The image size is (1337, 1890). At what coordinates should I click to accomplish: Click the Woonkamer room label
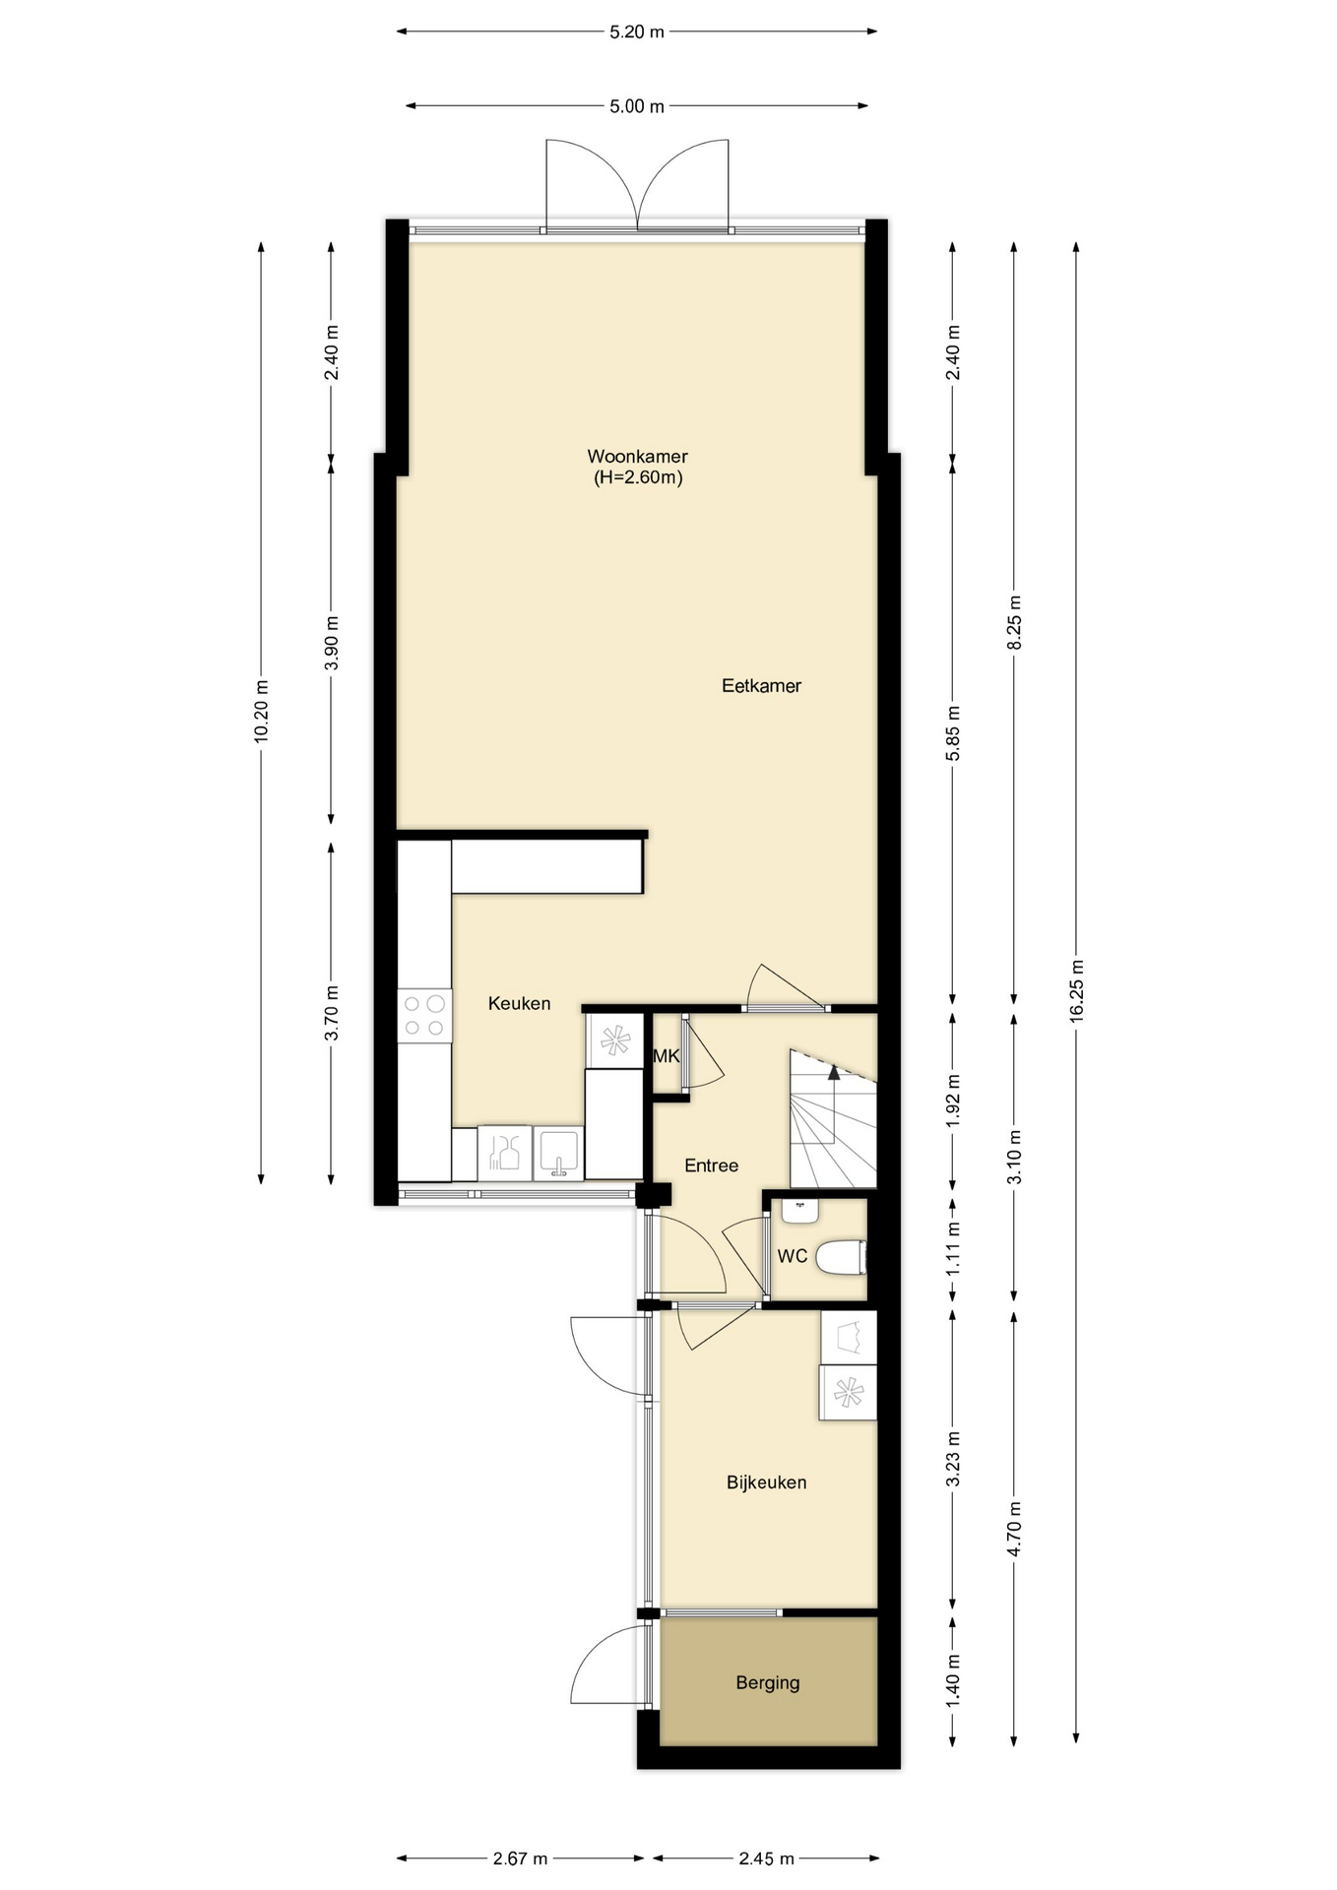[637, 457]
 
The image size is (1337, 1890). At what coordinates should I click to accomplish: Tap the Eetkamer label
[761, 686]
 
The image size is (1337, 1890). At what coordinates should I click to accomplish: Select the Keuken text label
[519, 1004]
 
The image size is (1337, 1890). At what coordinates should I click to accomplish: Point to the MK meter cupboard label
[667, 1056]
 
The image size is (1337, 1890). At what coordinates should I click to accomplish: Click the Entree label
[711, 1165]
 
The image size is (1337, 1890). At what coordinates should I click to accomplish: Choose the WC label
[793, 1256]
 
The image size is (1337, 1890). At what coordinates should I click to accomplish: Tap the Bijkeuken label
[766, 1482]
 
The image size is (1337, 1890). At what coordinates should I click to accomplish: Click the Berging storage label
[767, 1683]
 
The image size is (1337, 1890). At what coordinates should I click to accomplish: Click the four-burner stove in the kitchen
[424, 1016]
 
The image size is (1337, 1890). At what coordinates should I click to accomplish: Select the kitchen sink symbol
[558, 1154]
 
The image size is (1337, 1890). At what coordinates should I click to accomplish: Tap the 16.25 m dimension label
[1076, 991]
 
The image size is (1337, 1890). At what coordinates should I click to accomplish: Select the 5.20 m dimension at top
[637, 31]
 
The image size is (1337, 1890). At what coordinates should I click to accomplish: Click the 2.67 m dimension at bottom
[520, 1858]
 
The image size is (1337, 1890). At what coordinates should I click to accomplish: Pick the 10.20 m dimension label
[261, 711]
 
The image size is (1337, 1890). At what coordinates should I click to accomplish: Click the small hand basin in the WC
[800, 1210]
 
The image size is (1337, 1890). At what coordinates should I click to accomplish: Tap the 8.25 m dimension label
[1014, 622]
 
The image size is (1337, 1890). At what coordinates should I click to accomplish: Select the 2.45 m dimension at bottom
[766, 1858]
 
